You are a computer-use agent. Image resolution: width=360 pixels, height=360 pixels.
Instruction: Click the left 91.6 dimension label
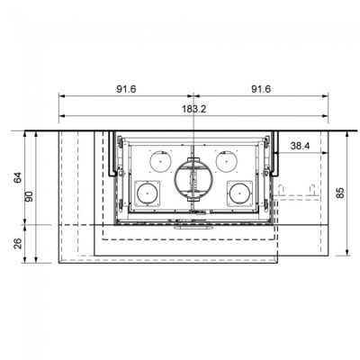[126, 89]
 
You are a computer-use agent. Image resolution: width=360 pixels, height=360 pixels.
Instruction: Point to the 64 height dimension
[17, 176]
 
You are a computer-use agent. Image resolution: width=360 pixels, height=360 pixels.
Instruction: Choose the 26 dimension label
[17, 243]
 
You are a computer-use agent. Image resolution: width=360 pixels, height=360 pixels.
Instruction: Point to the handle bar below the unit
[193, 227]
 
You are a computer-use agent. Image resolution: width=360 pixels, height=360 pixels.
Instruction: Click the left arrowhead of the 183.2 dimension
[62, 115]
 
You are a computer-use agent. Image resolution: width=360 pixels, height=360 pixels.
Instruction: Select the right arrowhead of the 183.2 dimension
[324, 115]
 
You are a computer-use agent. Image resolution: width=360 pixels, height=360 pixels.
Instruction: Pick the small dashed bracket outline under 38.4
[296, 190]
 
